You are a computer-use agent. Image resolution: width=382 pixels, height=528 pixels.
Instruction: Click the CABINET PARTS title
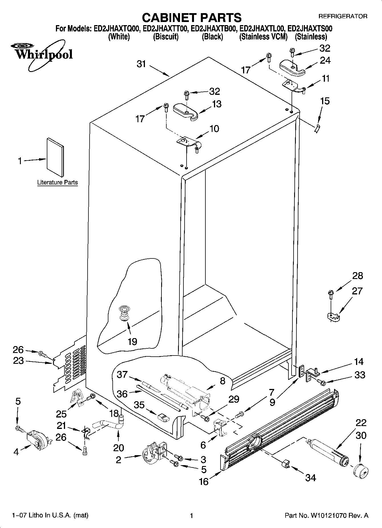click(x=191, y=18)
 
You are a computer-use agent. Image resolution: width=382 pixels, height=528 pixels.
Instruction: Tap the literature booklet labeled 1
click(x=55, y=157)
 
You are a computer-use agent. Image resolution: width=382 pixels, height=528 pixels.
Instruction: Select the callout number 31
click(x=141, y=64)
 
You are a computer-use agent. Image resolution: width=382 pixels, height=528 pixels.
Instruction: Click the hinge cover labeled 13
click(x=186, y=112)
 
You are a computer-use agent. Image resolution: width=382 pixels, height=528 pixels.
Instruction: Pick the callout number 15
click(x=325, y=101)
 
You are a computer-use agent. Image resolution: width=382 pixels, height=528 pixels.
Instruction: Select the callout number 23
click(x=18, y=361)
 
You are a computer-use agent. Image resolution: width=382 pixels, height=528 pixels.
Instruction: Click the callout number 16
click(x=204, y=481)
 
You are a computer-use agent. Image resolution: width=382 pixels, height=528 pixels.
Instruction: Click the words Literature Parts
click(x=57, y=182)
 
